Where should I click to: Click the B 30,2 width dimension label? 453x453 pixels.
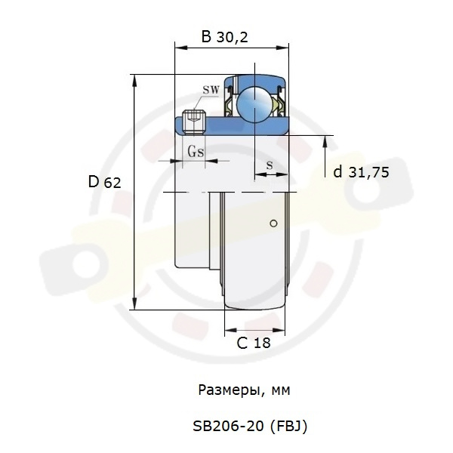click(224, 37)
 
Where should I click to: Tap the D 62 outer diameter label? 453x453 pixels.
click(104, 182)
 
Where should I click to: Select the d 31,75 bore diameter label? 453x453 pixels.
click(361, 172)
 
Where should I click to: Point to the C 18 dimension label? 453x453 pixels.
click(254, 343)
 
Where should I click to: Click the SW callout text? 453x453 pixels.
click(211, 90)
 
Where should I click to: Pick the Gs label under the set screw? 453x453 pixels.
click(196, 151)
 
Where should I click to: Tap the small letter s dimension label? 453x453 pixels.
click(270, 165)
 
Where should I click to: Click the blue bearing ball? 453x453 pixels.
click(254, 104)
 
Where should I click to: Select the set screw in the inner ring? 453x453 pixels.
click(194, 122)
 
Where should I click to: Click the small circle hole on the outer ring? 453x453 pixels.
click(273, 223)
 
